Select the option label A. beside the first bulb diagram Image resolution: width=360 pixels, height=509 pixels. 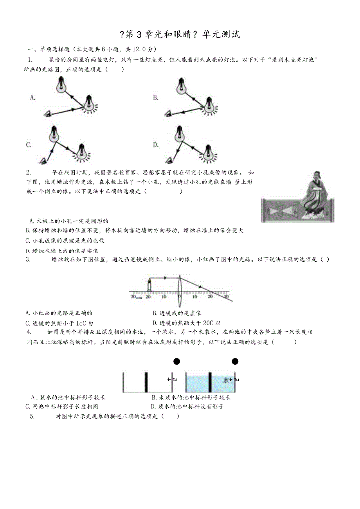pyautogui.click(x=33, y=98)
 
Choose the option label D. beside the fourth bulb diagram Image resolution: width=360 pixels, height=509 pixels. pyautogui.click(x=156, y=145)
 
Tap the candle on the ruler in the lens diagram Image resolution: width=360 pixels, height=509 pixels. pyautogui.click(x=149, y=285)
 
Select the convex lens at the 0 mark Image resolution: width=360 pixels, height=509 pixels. pyautogui.click(x=179, y=286)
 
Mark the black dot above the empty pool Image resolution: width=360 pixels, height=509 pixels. pyautogui.click(x=177, y=361)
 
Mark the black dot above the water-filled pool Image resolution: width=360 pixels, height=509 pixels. pyautogui.click(x=235, y=361)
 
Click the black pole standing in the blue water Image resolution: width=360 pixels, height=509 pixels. pyautogui.click(x=210, y=382)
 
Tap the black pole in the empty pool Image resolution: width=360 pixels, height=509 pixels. pyautogui.click(x=146, y=382)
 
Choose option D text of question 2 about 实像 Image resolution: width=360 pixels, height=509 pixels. pyautogui.click(x=62, y=251)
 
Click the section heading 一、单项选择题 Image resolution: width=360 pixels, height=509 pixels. pyautogui.click(x=49, y=49)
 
